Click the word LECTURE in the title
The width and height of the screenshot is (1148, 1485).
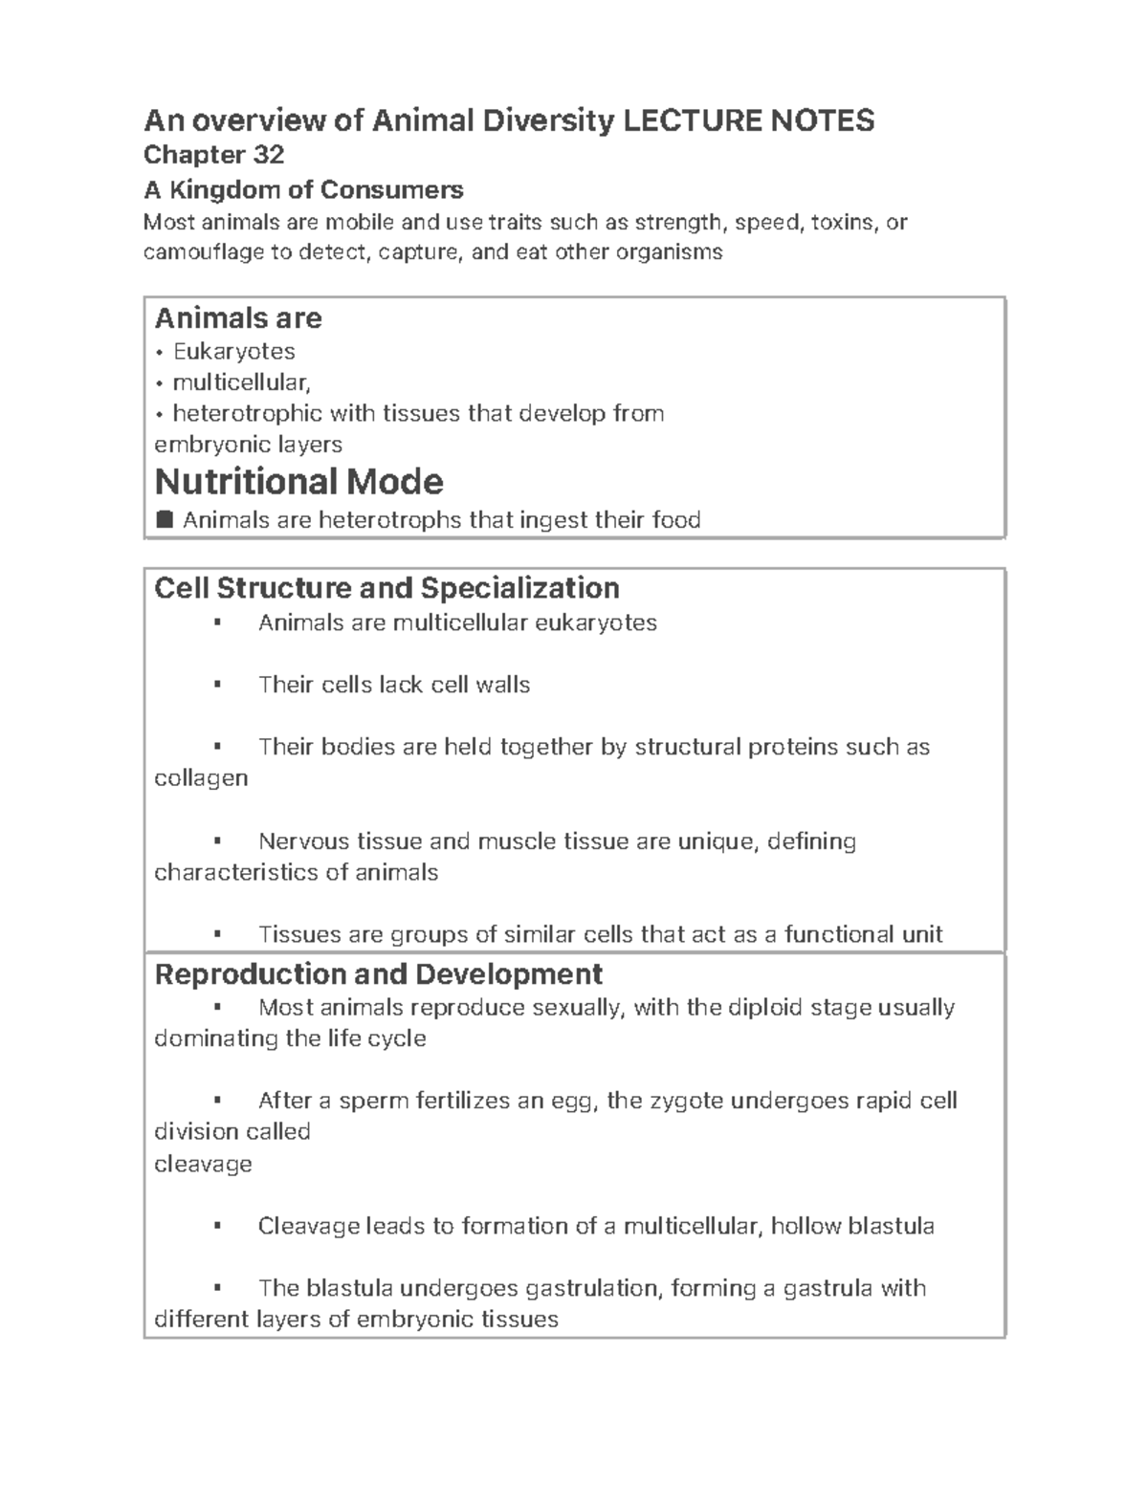[x=680, y=120]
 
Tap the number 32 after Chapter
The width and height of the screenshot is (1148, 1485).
[x=268, y=155]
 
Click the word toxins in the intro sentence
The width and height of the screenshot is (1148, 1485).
[x=842, y=222]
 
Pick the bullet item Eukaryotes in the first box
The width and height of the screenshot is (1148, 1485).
[x=233, y=351]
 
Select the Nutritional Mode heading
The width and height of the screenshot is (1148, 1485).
[x=298, y=481]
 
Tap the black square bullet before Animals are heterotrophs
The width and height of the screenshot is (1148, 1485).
[x=164, y=519]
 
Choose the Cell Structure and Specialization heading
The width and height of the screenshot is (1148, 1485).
[x=386, y=587]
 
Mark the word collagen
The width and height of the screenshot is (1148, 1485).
[x=201, y=777]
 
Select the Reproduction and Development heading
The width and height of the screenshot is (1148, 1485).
[x=378, y=973]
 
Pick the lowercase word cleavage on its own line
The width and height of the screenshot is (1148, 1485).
[x=203, y=1164]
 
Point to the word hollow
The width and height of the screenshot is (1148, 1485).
[x=806, y=1226]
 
